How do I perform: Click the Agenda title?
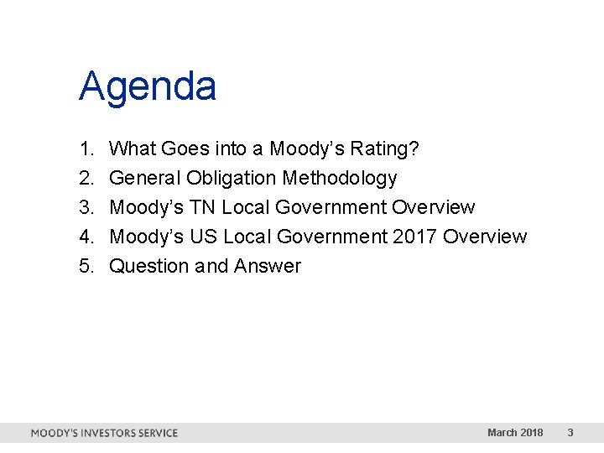pos(148,87)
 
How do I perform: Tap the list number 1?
pos(86,149)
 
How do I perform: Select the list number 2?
pos(86,179)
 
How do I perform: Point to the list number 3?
pos(86,208)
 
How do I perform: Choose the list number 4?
pos(86,237)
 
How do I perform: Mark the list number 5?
pos(86,267)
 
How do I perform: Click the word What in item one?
pos(133,149)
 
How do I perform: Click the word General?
pos(145,179)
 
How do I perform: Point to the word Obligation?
pos(232,179)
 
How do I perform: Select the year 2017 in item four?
pos(414,237)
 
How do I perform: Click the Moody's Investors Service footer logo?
pos(104,433)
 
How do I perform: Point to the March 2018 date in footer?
pos(514,433)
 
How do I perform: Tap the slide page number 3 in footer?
pos(570,433)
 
